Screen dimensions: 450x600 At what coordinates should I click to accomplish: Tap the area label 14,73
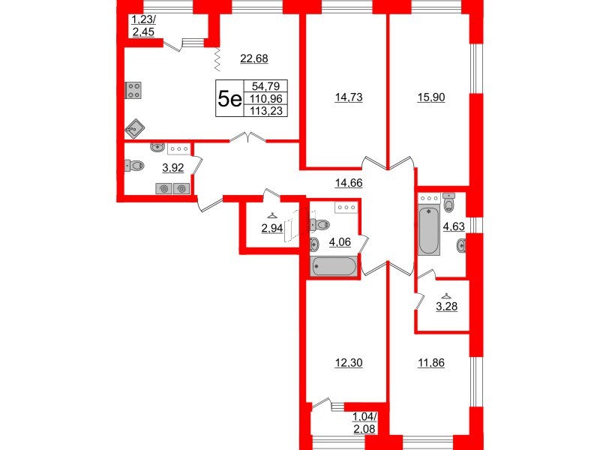coord(348,96)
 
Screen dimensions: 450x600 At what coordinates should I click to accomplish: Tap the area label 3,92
coord(173,168)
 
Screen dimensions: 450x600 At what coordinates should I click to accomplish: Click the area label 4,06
coord(334,242)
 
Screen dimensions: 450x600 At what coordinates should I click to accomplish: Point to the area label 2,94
coord(271,229)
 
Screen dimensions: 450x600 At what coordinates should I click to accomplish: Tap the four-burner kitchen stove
coord(135,91)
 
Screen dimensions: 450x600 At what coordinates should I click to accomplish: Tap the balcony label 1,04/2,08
coord(366,423)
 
